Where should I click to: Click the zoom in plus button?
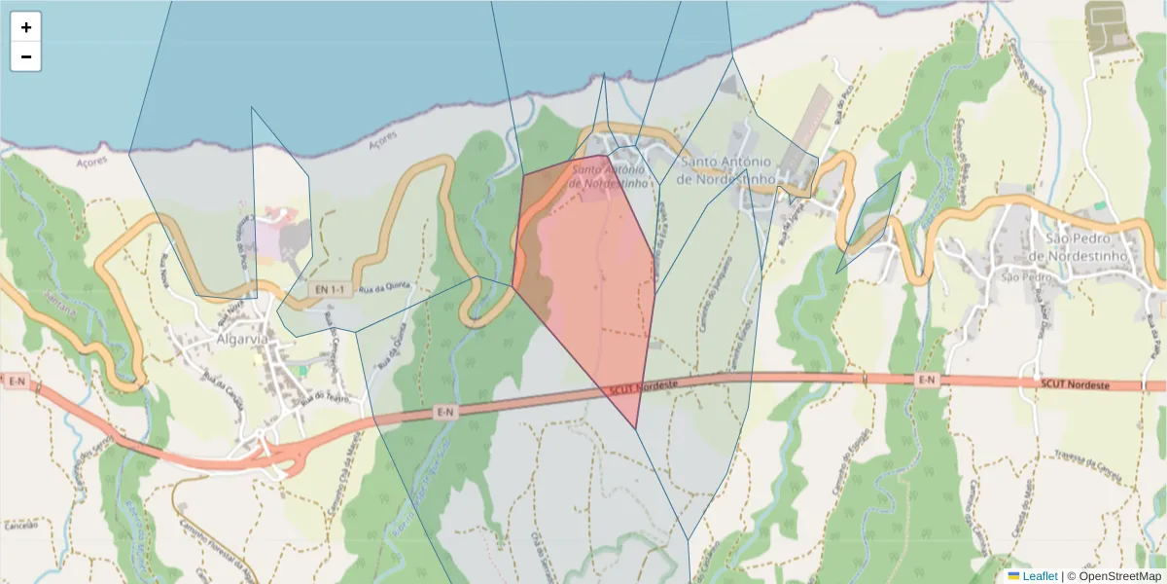pyautogui.click(x=26, y=27)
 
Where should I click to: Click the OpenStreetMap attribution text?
pyautogui.click(x=1121, y=576)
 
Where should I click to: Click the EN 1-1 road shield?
pyautogui.click(x=330, y=290)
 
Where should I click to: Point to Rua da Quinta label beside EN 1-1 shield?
pyautogui.click(x=380, y=287)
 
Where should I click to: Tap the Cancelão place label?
pyautogui.click(x=19, y=526)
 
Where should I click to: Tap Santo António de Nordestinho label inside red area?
pyautogui.click(x=609, y=174)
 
